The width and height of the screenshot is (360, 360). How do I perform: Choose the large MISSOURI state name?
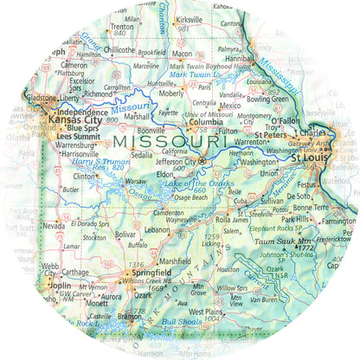pyautogui.click(x=169, y=139)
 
